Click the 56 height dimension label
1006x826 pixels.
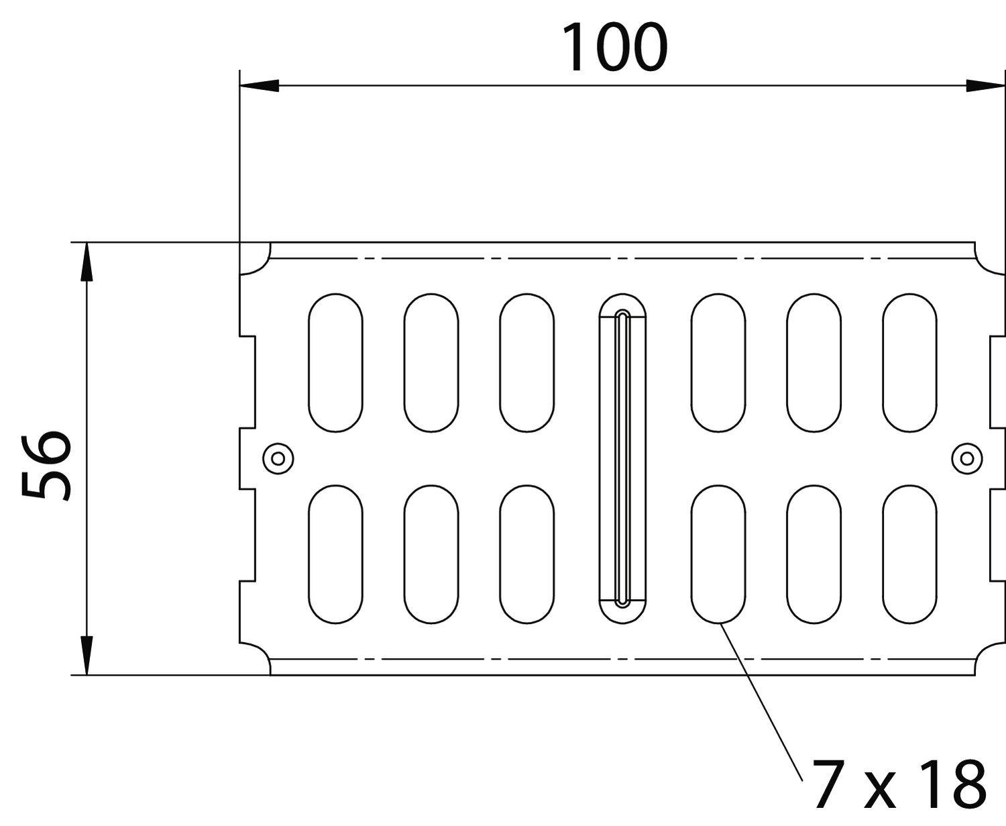pyautogui.click(x=46, y=466)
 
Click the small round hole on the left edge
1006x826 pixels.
pyautogui.click(x=278, y=458)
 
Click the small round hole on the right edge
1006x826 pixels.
pyautogui.click(x=966, y=458)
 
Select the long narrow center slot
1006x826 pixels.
pyautogui.click(x=622, y=458)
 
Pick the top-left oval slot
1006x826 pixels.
pyautogui.click(x=335, y=362)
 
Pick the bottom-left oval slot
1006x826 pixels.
pyautogui.click(x=335, y=554)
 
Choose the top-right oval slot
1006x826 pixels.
pyautogui.click(x=909, y=362)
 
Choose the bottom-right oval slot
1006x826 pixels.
pyautogui.click(x=909, y=554)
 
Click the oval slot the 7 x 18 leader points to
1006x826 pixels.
pyautogui.click(x=718, y=554)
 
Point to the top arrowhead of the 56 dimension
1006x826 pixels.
pyautogui.click(x=86, y=262)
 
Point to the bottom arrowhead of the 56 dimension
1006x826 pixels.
pyautogui.click(x=86, y=654)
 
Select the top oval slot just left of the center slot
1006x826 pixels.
pyautogui.click(x=526, y=362)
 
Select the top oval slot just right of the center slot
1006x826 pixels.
pyautogui.click(x=718, y=362)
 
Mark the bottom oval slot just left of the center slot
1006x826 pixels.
pyautogui.click(x=526, y=554)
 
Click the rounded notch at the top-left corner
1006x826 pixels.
pyautogui.click(x=256, y=258)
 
